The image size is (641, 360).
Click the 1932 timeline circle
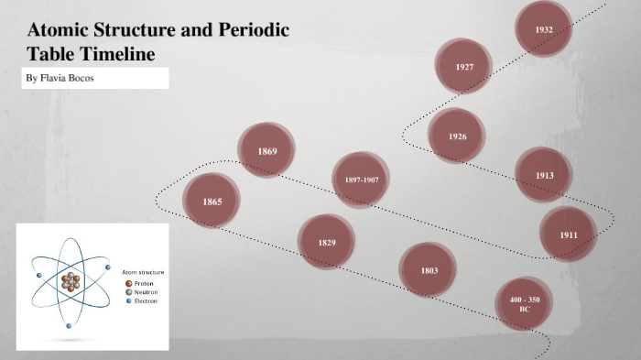point(544,29)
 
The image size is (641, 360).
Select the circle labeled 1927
point(464,66)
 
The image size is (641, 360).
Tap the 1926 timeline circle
point(457,136)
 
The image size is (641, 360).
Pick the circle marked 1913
point(544,174)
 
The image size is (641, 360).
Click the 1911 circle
point(569,235)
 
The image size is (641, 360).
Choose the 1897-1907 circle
point(361,180)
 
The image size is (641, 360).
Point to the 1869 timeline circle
point(266,150)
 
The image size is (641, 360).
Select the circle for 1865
point(212,201)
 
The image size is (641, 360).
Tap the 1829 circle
point(327,242)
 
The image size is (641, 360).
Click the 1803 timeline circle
point(429,270)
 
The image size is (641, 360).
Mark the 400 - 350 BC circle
point(525,304)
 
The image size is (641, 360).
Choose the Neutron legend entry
point(145,292)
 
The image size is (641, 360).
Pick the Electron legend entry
point(145,301)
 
